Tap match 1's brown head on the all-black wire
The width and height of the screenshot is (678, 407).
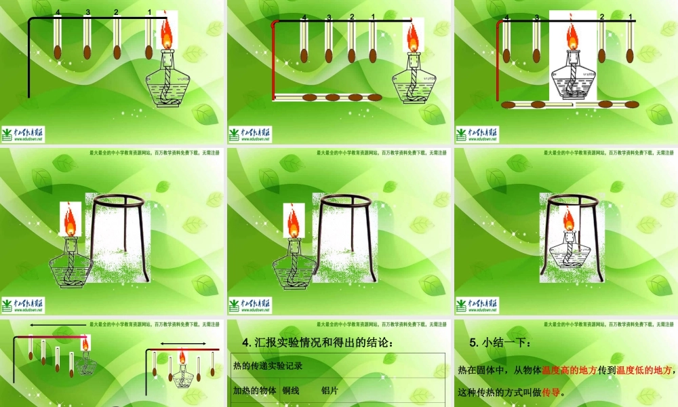coord(149,52)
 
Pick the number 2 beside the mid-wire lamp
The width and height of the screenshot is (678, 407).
coord(601,17)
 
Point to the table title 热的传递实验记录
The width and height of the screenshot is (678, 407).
coord(268,366)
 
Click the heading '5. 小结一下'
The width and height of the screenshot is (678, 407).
coord(500,343)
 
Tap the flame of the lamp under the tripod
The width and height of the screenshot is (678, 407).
coord(570,219)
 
